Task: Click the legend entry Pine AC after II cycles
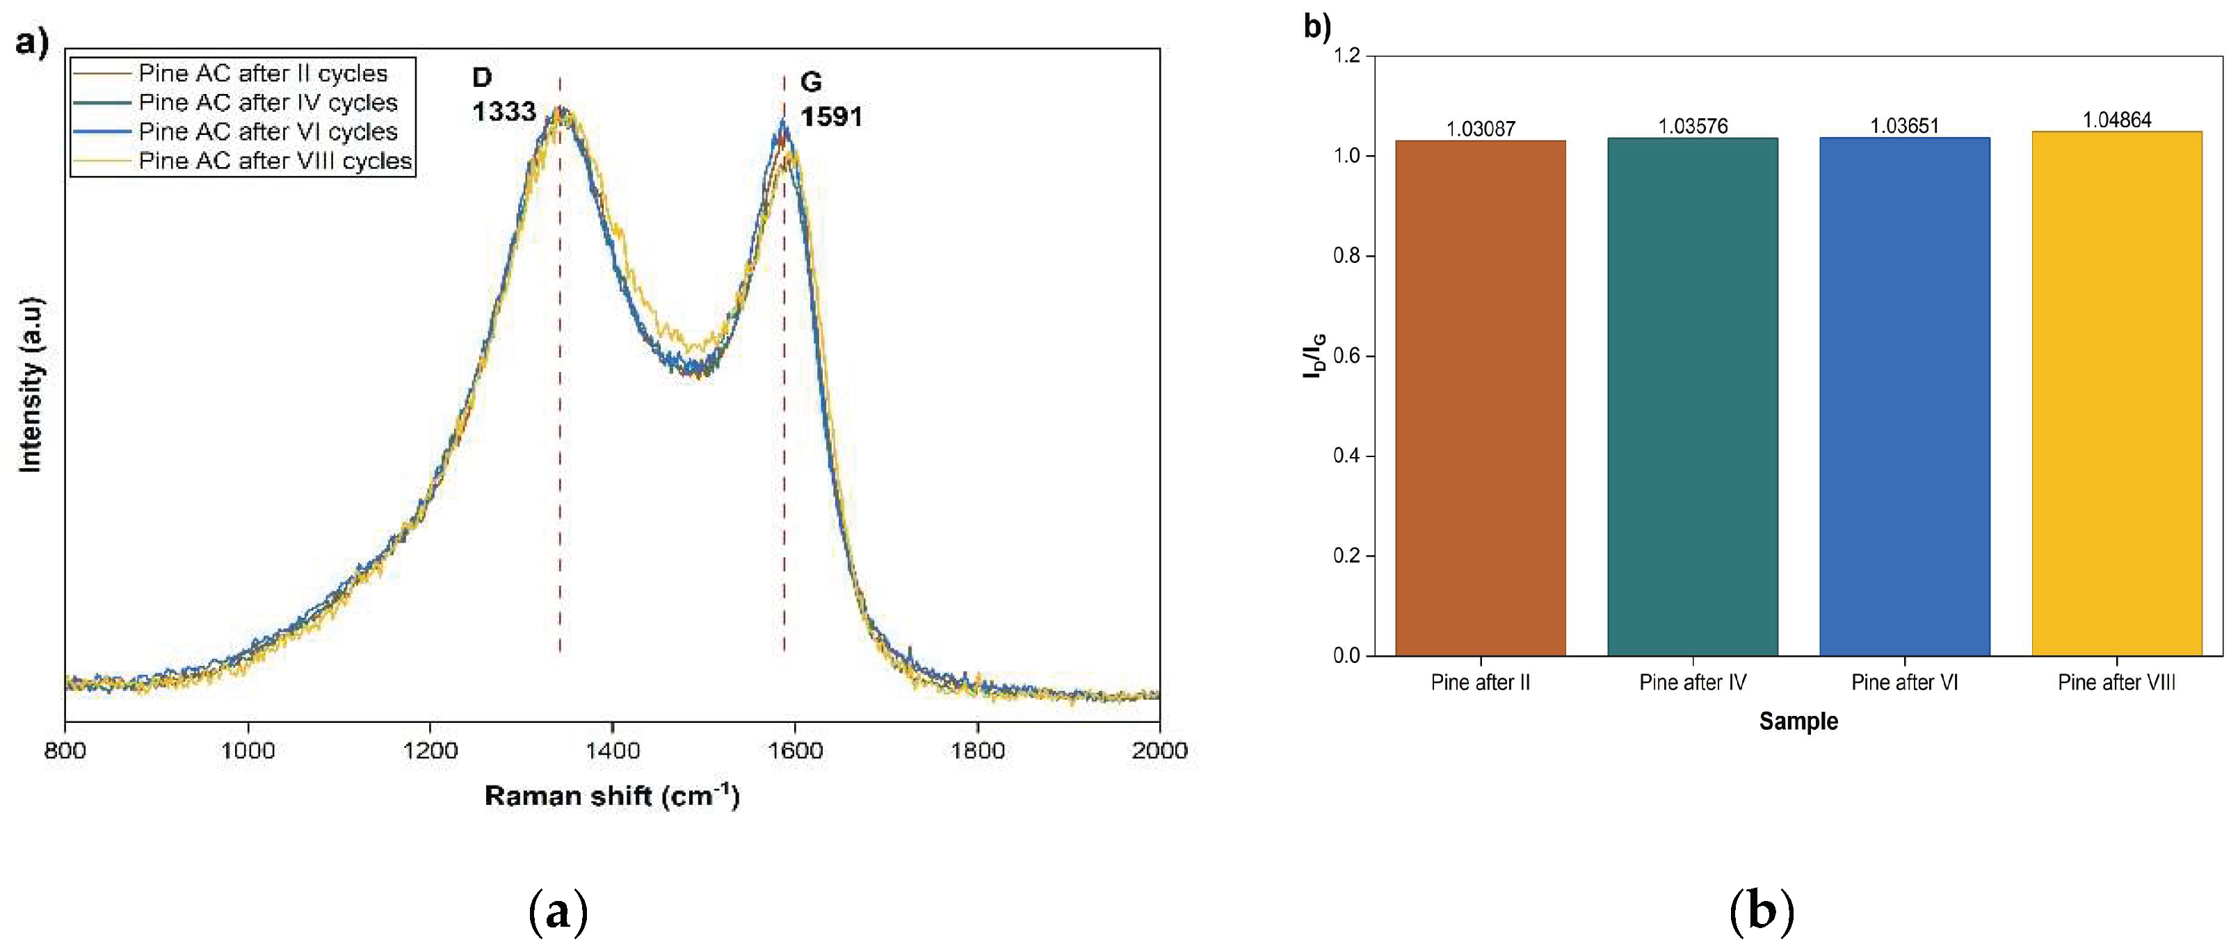262,74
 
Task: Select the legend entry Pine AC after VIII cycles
275,161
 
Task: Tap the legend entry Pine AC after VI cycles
268,131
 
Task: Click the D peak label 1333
504,112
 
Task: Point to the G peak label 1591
830,117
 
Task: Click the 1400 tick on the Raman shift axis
612,749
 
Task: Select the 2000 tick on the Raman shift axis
1159,749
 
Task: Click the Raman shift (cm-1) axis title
611,796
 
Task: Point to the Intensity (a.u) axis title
31,385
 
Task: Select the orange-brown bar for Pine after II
1480,398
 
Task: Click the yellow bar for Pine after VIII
2116,394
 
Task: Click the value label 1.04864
2116,120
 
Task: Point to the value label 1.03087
1480,129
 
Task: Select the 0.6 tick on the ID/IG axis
1347,356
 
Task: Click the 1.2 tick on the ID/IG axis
1347,56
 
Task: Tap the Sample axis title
1798,721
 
